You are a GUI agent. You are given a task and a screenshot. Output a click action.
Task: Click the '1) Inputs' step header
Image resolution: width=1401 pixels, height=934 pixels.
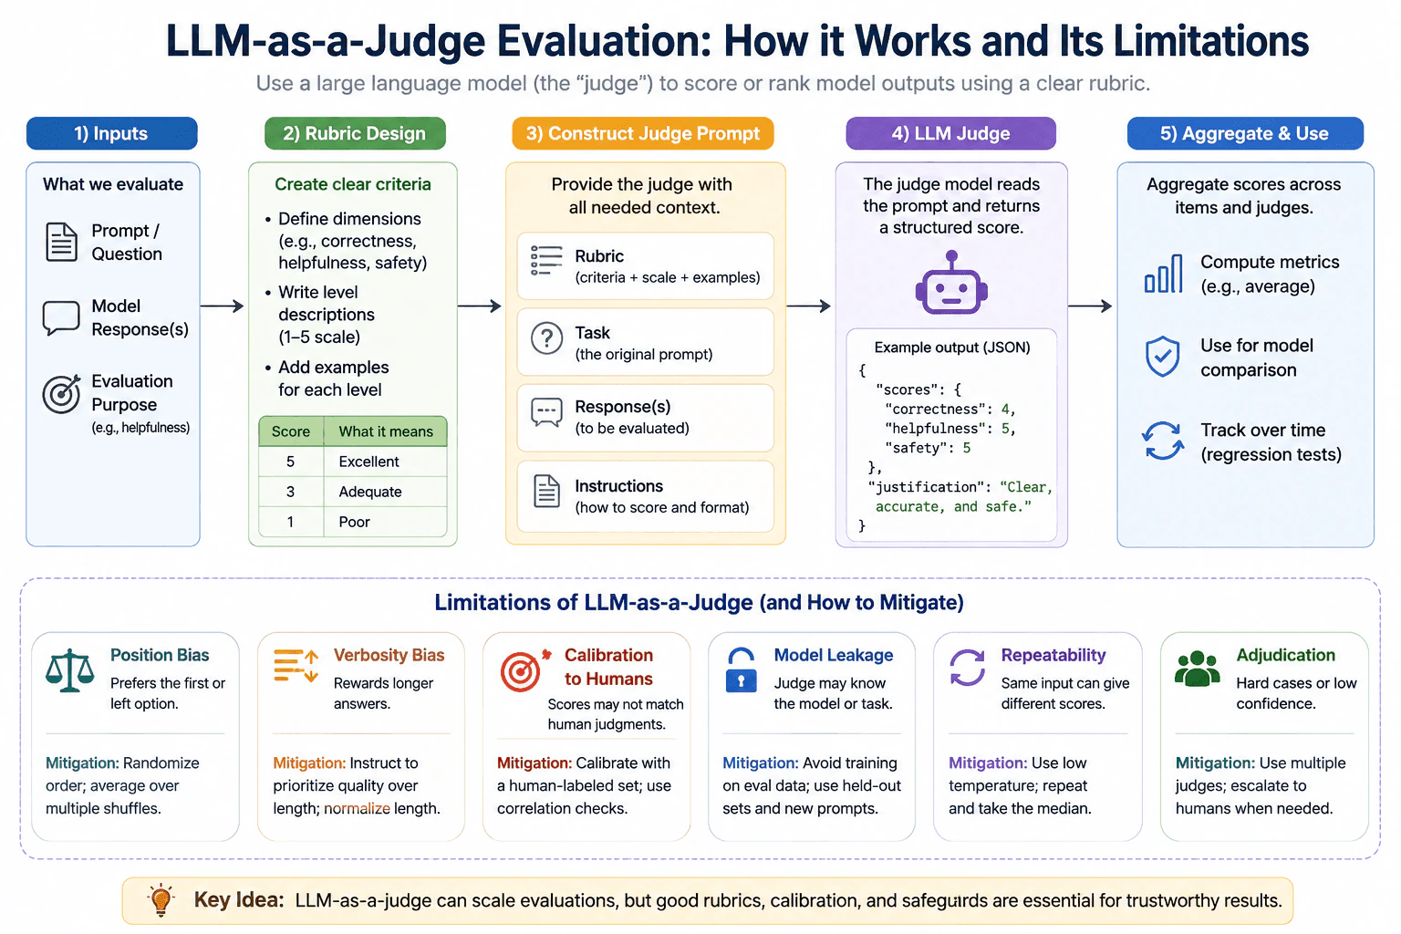pyautogui.click(x=111, y=133)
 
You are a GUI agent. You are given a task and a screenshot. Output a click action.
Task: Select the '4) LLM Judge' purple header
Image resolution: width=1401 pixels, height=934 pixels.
pyautogui.click(x=950, y=133)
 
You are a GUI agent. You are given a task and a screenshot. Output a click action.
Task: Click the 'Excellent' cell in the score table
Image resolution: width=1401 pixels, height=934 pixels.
pyautogui.click(x=368, y=462)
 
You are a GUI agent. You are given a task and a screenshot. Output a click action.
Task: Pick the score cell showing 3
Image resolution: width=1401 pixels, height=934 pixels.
pyautogui.click(x=290, y=492)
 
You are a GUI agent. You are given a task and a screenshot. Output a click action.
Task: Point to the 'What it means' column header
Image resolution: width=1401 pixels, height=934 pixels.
pyautogui.click(x=385, y=431)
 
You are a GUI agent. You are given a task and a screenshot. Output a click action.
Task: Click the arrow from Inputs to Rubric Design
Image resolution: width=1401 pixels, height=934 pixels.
pyautogui.click(x=222, y=306)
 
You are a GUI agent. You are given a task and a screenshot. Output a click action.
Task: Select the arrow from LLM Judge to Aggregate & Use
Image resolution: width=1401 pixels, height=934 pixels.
pyautogui.click(x=1090, y=306)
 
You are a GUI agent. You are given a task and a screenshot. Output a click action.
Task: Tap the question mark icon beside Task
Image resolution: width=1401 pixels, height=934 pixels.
pyautogui.click(x=546, y=339)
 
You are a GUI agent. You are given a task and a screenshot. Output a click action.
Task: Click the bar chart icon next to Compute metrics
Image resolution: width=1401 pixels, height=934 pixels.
pyautogui.click(x=1163, y=274)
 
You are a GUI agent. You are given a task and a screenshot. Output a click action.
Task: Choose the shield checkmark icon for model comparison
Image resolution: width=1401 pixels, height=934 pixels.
pyautogui.click(x=1163, y=356)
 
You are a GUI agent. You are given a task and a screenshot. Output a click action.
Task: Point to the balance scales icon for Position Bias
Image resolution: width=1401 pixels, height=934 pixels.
pyautogui.click(x=70, y=670)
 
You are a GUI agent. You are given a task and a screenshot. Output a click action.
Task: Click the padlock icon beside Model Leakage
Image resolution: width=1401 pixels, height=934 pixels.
pyautogui.click(x=742, y=670)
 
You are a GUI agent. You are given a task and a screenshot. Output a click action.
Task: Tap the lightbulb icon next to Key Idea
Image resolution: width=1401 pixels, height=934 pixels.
pyautogui.click(x=161, y=900)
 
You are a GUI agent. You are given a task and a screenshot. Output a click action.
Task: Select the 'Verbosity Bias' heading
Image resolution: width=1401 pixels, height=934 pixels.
pyautogui.click(x=389, y=655)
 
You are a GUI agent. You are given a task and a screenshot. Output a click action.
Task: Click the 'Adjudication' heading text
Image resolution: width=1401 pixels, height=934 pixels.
pyautogui.click(x=1285, y=655)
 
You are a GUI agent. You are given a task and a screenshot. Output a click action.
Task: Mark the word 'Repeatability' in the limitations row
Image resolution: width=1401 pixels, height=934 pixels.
pyautogui.click(x=1053, y=655)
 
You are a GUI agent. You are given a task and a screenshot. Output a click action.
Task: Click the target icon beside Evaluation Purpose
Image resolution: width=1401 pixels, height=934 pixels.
pyautogui.click(x=61, y=393)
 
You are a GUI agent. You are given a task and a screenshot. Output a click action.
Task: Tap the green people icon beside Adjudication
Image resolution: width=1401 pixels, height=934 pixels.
pyautogui.click(x=1197, y=669)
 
